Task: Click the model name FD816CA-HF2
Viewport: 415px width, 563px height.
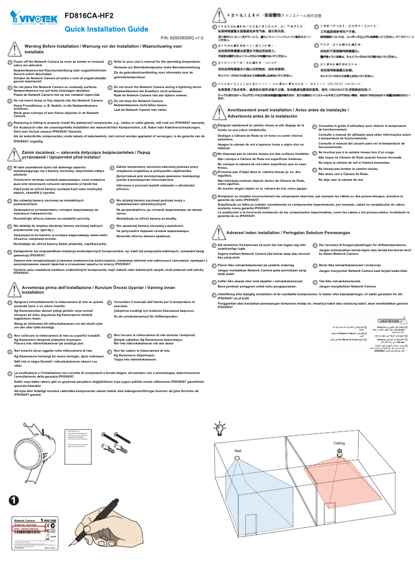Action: (x=89, y=16)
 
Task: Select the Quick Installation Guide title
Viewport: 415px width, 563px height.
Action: (x=106, y=29)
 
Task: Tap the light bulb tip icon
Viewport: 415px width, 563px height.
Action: (x=219, y=428)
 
